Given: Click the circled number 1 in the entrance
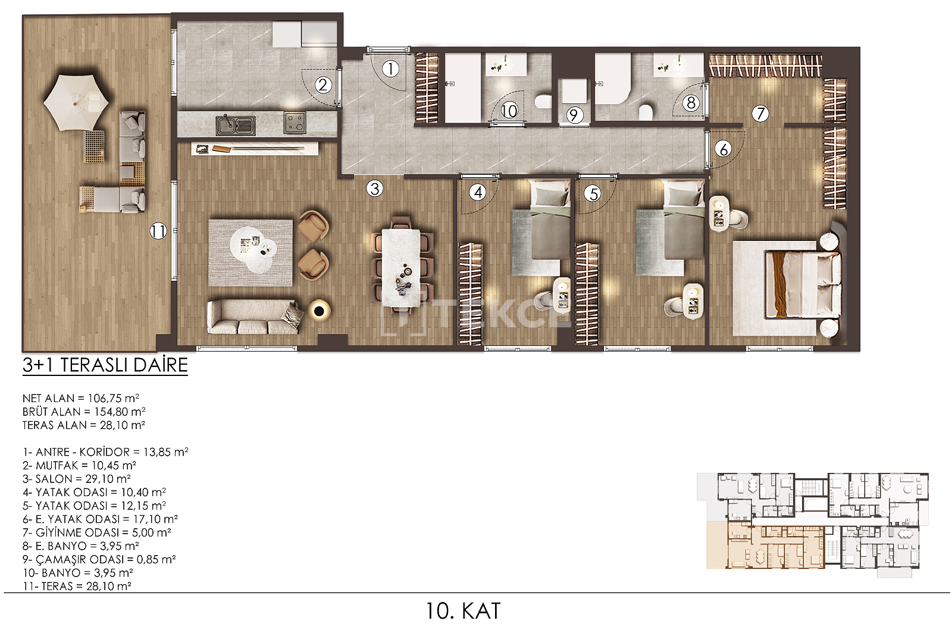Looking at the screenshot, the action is click(390, 69).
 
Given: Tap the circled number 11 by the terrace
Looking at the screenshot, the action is click(158, 231).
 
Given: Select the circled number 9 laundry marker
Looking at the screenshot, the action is click(574, 115).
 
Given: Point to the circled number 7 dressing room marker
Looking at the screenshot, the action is click(760, 114).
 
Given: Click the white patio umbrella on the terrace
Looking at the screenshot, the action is click(76, 103).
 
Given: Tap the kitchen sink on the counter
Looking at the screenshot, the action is click(236, 125).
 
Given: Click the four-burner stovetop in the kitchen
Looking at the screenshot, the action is click(295, 123).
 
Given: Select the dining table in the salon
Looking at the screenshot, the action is click(401, 268).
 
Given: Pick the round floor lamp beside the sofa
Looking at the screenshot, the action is click(319, 312).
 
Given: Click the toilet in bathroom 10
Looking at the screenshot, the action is click(543, 102).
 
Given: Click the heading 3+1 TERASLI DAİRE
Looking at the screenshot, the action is click(105, 365).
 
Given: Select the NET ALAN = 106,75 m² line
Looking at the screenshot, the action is click(81, 399).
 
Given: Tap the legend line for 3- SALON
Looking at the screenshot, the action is click(77, 479).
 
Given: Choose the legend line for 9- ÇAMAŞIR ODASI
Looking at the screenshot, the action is click(99, 559).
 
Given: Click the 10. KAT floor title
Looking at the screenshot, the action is click(464, 611).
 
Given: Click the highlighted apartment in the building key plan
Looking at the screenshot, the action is click(765, 547).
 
